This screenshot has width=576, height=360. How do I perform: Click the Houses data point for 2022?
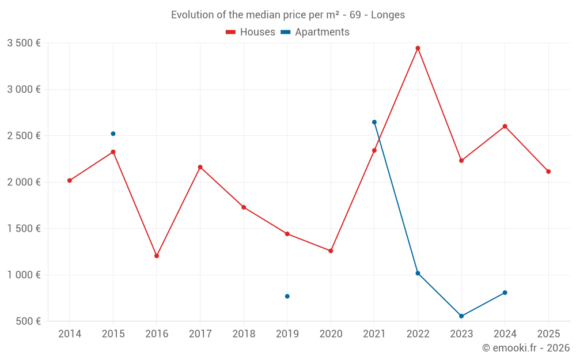[418, 48]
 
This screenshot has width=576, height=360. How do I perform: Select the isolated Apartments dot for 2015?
[113, 134]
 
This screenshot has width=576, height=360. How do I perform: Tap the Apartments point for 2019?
[287, 296]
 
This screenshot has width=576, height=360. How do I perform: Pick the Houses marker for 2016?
[157, 256]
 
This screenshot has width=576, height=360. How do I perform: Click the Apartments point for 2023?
[461, 316]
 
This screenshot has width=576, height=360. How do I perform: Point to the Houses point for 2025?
[548, 172]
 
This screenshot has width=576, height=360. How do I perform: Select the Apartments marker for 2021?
[374, 122]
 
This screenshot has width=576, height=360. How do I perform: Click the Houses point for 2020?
[331, 251]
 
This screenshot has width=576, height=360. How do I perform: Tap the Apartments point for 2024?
[505, 293]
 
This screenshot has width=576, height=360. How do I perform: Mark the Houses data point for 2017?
[200, 167]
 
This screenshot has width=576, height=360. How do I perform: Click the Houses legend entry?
[251, 32]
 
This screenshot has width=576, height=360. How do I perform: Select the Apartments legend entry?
[315, 32]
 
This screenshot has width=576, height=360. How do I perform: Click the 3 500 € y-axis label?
[24, 43]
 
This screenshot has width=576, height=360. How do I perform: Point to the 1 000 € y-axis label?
[24, 275]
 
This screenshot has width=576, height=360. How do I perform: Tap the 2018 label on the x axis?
[244, 334]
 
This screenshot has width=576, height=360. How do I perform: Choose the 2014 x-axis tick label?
[70, 334]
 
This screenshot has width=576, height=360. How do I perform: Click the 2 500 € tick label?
[24, 136]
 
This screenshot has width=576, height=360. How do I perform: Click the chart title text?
[288, 15]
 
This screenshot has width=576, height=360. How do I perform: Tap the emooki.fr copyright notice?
[525, 348]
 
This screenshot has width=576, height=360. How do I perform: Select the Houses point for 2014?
[70, 180]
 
